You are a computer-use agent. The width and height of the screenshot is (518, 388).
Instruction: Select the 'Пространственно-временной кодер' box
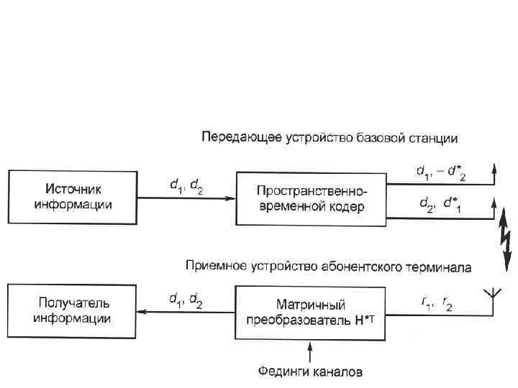pos(312,198)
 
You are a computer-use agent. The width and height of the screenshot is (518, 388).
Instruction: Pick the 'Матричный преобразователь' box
pos(312,312)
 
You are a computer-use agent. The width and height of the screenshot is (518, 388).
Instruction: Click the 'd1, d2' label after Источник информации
pos(186,186)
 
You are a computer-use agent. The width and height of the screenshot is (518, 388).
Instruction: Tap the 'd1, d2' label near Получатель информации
pos(186,300)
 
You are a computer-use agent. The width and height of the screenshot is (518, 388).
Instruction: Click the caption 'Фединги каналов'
pos(311,371)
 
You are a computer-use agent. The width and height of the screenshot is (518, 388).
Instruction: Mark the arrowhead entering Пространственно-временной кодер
pos(232,199)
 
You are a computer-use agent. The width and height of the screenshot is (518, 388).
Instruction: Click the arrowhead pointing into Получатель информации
pos(142,312)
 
